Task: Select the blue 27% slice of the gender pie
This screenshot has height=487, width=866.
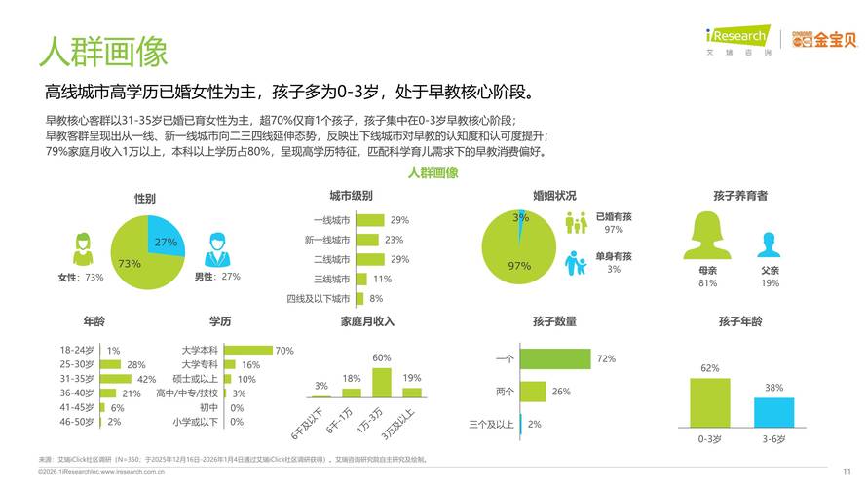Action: tap(164, 237)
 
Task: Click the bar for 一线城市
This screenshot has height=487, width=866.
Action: tap(370, 220)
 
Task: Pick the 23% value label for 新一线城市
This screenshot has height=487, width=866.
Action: tap(394, 240)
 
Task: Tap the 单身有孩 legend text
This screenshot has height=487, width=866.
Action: tap(613, 256)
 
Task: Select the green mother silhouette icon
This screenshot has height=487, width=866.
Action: tap(708, 237)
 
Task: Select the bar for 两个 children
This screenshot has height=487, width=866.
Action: tap(532, 392)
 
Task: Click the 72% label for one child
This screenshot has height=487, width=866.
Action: tap(606, 359)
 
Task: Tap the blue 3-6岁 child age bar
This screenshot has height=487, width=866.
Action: tap(773, 413)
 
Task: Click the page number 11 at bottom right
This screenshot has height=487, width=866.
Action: tap(847, 470)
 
